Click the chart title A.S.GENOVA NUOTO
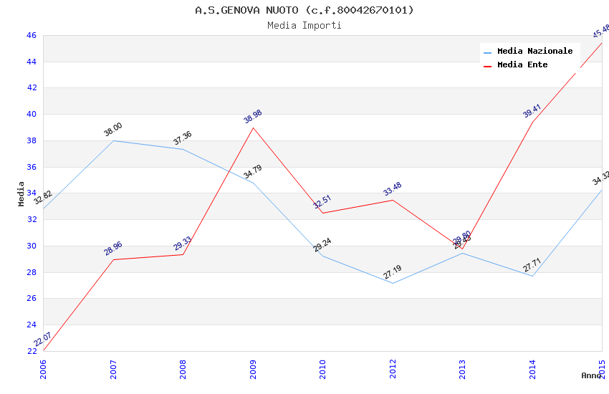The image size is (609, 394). coord(304,10)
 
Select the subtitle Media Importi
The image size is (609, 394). coord(304,25)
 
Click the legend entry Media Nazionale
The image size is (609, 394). coord(534,51)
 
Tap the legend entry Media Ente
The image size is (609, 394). coord(522,64)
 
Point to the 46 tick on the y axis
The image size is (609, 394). coord(32,35)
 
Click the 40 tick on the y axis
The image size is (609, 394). coord(32,115)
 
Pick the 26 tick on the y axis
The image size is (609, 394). coord(32,299)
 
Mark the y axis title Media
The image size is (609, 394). coord(21,193)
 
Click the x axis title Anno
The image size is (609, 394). coord(591,375)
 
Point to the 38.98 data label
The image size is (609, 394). coord(253,117)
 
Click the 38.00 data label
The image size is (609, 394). coord(113,130)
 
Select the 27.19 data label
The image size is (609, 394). coord(393,272)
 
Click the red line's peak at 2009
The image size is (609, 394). coord(253,128)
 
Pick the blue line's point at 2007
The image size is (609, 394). coord(113,140)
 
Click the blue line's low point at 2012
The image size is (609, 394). coord(393,283)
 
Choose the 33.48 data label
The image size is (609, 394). coord(393,189)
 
